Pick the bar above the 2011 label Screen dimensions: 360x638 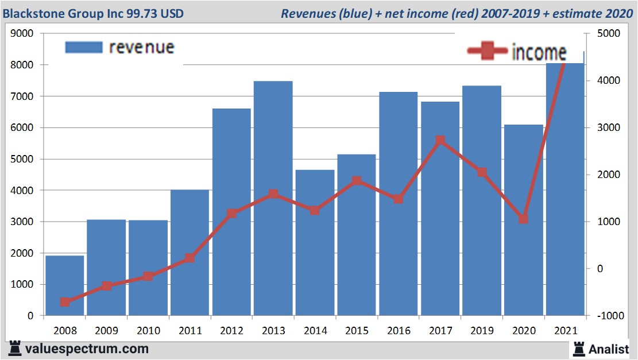(190, 253)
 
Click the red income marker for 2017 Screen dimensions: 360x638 (440, 141)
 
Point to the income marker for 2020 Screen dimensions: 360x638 (523, 219)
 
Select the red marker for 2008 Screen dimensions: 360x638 (65, 302)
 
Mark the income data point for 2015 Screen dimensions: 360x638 (357, 181)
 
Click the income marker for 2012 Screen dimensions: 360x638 (231, 214)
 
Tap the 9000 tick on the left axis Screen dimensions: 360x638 (23, 34)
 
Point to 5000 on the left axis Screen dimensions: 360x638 (23, 159)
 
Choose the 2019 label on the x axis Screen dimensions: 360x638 (482, 331)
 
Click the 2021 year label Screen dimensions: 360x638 (565, 331)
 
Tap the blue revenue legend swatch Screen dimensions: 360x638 (84, 47)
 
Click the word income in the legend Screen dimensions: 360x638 (539, 52)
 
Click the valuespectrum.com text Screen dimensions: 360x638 (87, 349)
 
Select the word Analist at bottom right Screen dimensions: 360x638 (609, 349)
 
